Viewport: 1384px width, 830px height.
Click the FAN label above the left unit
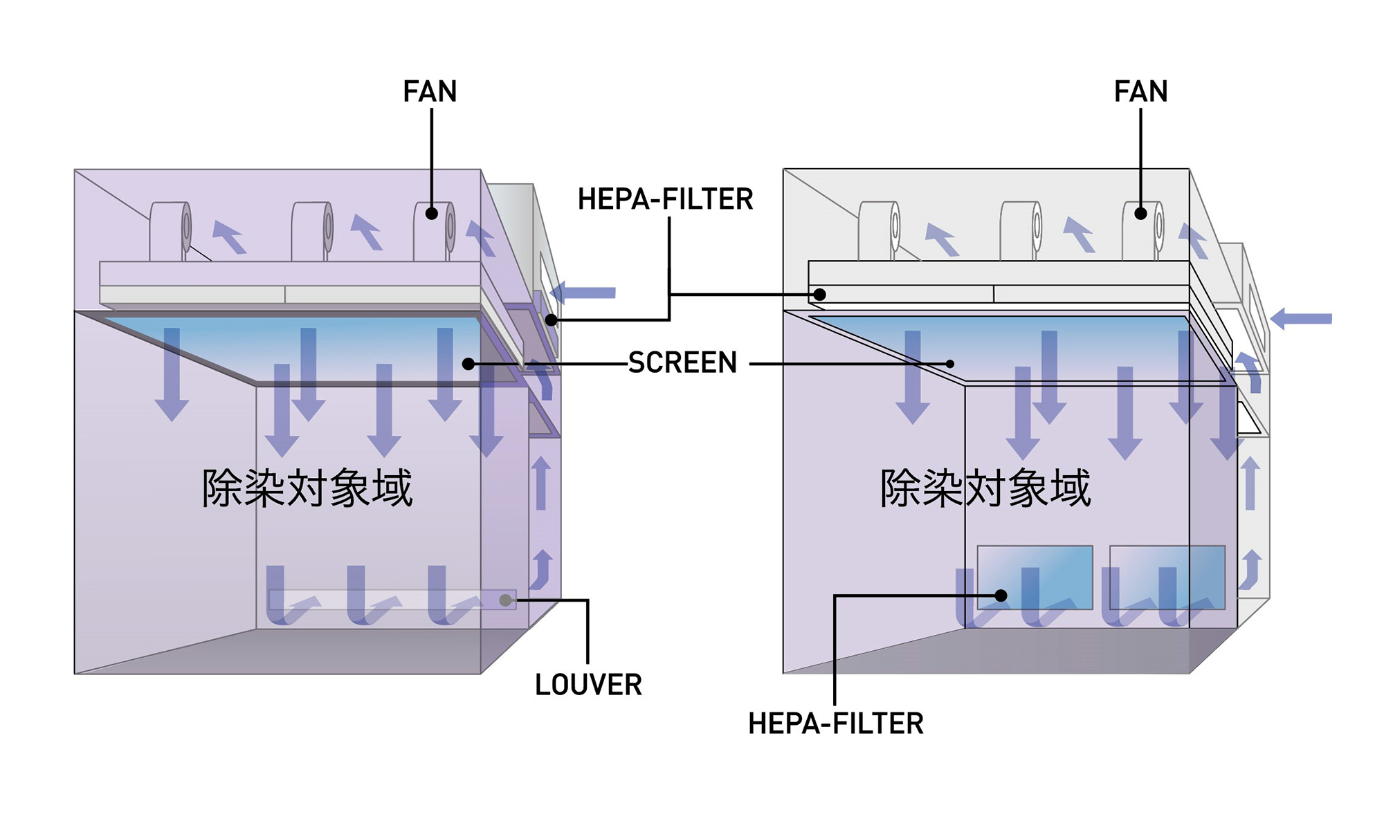coord(430,91)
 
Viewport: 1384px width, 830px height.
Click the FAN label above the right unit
coord(1140,91)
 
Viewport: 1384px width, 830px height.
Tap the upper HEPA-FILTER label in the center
coord(665,199)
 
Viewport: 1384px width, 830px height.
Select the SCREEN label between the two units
coord(682,362)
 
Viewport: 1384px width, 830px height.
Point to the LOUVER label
coord(588,685)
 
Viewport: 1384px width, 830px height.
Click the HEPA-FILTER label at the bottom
coord(836,723)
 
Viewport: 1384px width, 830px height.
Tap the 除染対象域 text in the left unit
coord(307,488)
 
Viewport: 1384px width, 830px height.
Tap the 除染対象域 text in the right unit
coord(985,488)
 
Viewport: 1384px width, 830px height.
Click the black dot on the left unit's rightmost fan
coord(431,214)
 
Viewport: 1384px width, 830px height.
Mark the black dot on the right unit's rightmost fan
coord(1140,214)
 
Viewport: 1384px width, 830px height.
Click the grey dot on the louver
coord(506,600)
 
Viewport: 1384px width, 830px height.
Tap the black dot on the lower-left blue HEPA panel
coord(1001,595)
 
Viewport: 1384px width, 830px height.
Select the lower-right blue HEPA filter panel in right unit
coord(1167,578)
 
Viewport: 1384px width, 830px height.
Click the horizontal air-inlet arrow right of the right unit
coord(1301,319)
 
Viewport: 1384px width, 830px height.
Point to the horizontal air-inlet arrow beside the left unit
coord(583,293)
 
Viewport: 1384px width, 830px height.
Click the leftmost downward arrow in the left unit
coord(172,374)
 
